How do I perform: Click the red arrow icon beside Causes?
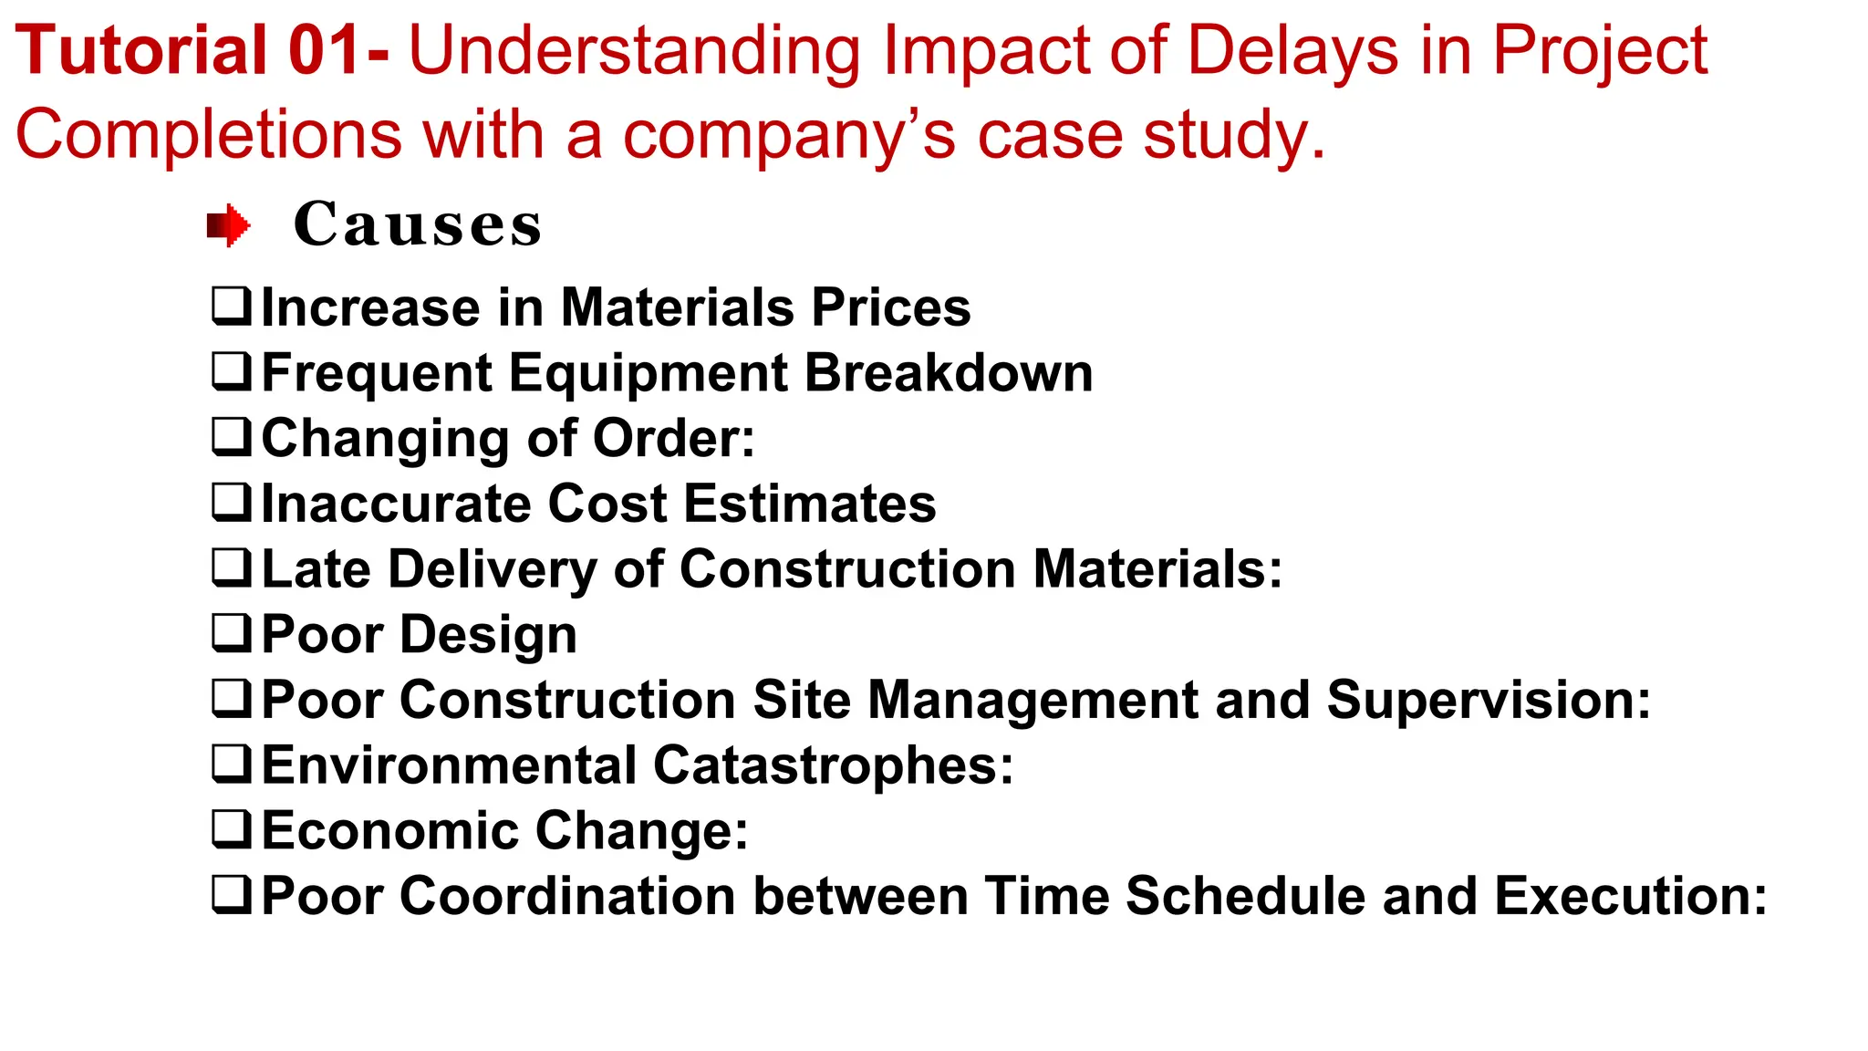tap(228, 225)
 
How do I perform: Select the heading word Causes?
tap(418, 224)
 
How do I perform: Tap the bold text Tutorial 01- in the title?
tap(202, 51)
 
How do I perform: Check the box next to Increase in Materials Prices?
tap(231, 307)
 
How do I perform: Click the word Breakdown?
tap(949, 373)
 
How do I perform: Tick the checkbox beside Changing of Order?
tap(231, 437)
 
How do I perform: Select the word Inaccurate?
tap(396, 504)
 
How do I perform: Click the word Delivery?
tap(493, 569)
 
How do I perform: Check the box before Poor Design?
tap(231, 633)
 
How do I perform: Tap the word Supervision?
tap(1488, 700)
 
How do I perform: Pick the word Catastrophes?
tap(833, 765)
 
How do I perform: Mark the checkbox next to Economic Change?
tap(231, 829)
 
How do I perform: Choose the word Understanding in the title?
tap(634, 51)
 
